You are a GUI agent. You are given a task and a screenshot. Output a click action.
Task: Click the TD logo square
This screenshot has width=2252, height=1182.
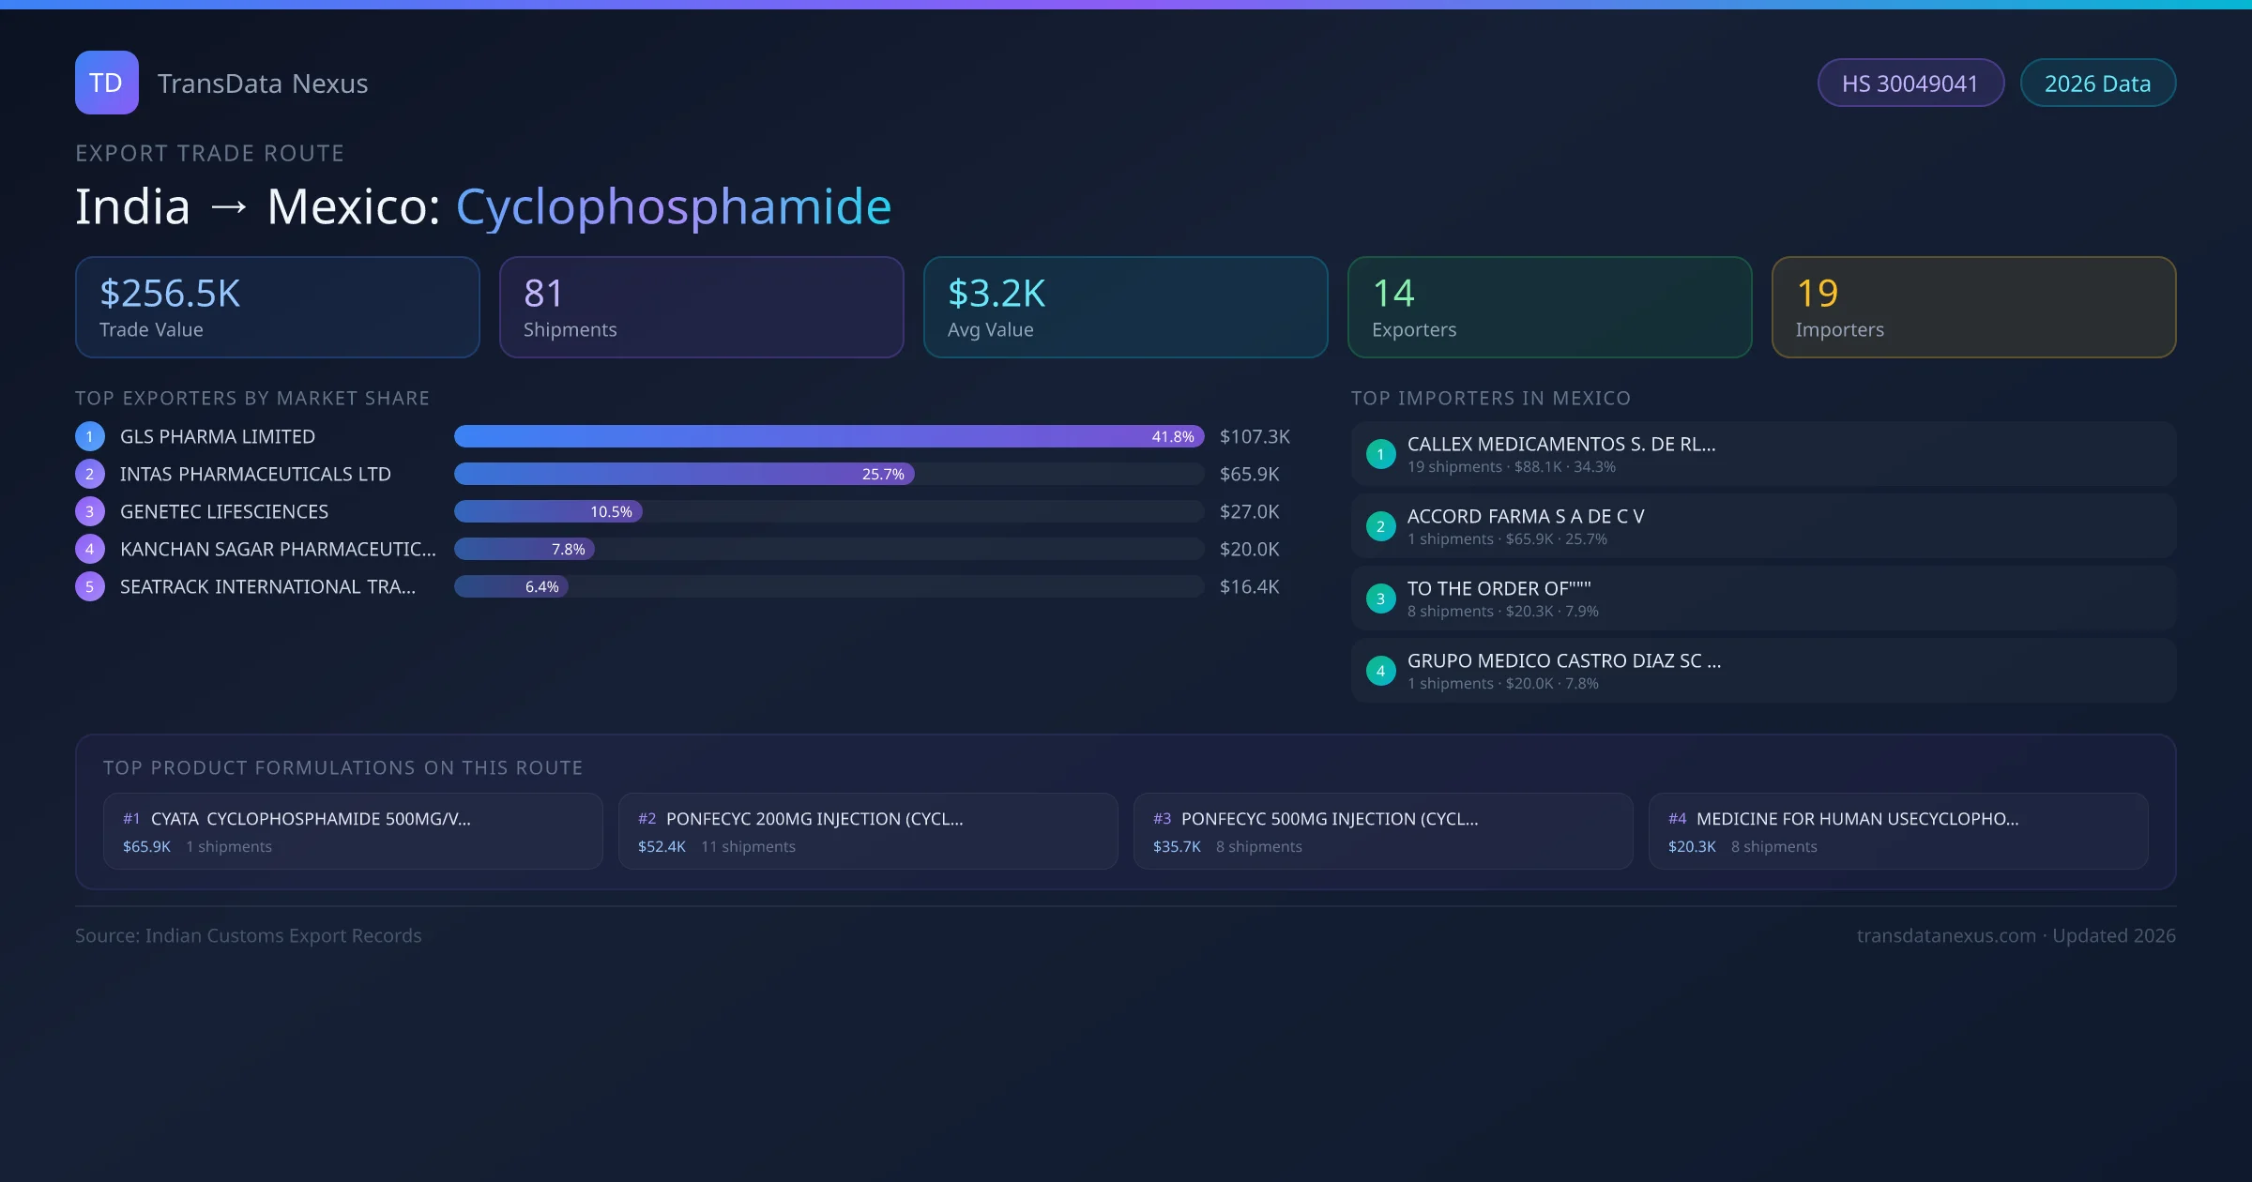click(x=107, y=83)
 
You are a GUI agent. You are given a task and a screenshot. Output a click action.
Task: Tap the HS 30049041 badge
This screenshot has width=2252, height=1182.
click(x=1910, y=83)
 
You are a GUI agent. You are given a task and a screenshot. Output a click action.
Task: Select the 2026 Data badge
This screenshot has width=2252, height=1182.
click(x=2097, y=83)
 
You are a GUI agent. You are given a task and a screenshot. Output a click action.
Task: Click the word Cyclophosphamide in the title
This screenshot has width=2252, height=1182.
click(x=673, y=206)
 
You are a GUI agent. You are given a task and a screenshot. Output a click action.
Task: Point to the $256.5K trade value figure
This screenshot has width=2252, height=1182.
click(x=170, y=294)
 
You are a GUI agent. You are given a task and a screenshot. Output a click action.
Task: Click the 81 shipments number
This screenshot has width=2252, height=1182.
click(x=543, y=294)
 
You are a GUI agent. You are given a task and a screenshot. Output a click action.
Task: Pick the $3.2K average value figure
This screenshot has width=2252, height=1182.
click(x=997, y=294)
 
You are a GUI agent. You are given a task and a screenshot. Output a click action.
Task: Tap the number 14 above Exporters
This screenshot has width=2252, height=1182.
click(x=1393, y=294)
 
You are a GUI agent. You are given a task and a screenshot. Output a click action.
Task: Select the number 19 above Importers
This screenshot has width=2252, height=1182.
click(x=1817, y=294)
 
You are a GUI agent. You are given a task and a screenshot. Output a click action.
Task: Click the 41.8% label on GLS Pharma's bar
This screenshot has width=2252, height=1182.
click(x=1173, y=436)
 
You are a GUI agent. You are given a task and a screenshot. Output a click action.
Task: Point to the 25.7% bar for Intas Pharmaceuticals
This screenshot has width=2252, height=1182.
click(x=684, y=474)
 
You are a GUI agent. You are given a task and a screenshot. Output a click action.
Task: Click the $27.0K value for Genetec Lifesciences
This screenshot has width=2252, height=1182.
click(x=1249, y=511)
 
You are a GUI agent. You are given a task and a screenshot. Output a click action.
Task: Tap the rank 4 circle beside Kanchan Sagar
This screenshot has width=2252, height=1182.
click(x=90, y=549)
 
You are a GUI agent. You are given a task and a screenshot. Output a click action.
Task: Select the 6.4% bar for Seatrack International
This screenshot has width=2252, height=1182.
click(x=511, y=586)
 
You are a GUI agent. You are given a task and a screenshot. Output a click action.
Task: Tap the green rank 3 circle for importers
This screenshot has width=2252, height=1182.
click(x=1380, y=599)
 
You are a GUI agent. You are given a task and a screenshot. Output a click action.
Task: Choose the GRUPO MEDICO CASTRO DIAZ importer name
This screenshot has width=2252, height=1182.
click(x=1563, y=660)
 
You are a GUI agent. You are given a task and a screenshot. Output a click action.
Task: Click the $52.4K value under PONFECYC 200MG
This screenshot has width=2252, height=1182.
click(x=662, y=846)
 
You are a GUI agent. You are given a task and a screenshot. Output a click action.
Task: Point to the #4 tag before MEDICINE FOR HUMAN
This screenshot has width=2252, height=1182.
click(x=1677, y=819)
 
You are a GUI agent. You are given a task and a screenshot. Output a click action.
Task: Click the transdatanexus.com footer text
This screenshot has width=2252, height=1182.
click(x=1946, y=935)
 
